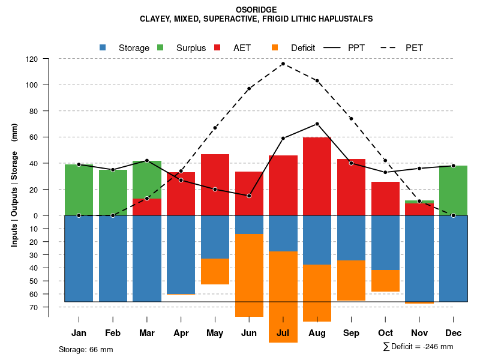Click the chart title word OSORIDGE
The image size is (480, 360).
pos(241,10)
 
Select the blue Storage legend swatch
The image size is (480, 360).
pos(103,47)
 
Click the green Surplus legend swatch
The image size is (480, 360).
pos(160,47)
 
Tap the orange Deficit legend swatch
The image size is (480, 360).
pos(275,47)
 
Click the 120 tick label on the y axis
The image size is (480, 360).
pos(32,59)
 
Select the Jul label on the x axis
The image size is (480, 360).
pos(283,333)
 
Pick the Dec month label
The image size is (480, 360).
pos(454,333)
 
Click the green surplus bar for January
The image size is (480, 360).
pos(79,190)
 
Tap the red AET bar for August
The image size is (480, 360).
pos(317,176)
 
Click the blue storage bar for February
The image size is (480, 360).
pos(113,258)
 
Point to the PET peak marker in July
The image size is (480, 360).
pos(283,64)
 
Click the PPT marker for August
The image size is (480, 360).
pos(317,124)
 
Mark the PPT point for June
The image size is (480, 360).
pos(249,196)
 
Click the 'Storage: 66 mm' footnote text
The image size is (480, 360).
pos(86,349)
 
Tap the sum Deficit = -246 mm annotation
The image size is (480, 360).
pos(418,346)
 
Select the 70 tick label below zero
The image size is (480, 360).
pos(33,307)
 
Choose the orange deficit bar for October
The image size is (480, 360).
pos(385,281)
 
